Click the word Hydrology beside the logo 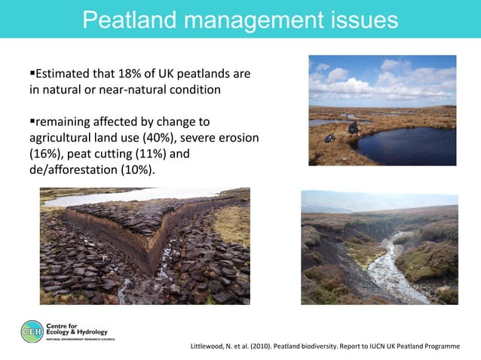pos(87,332)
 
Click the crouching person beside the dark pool pos(353,127)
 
